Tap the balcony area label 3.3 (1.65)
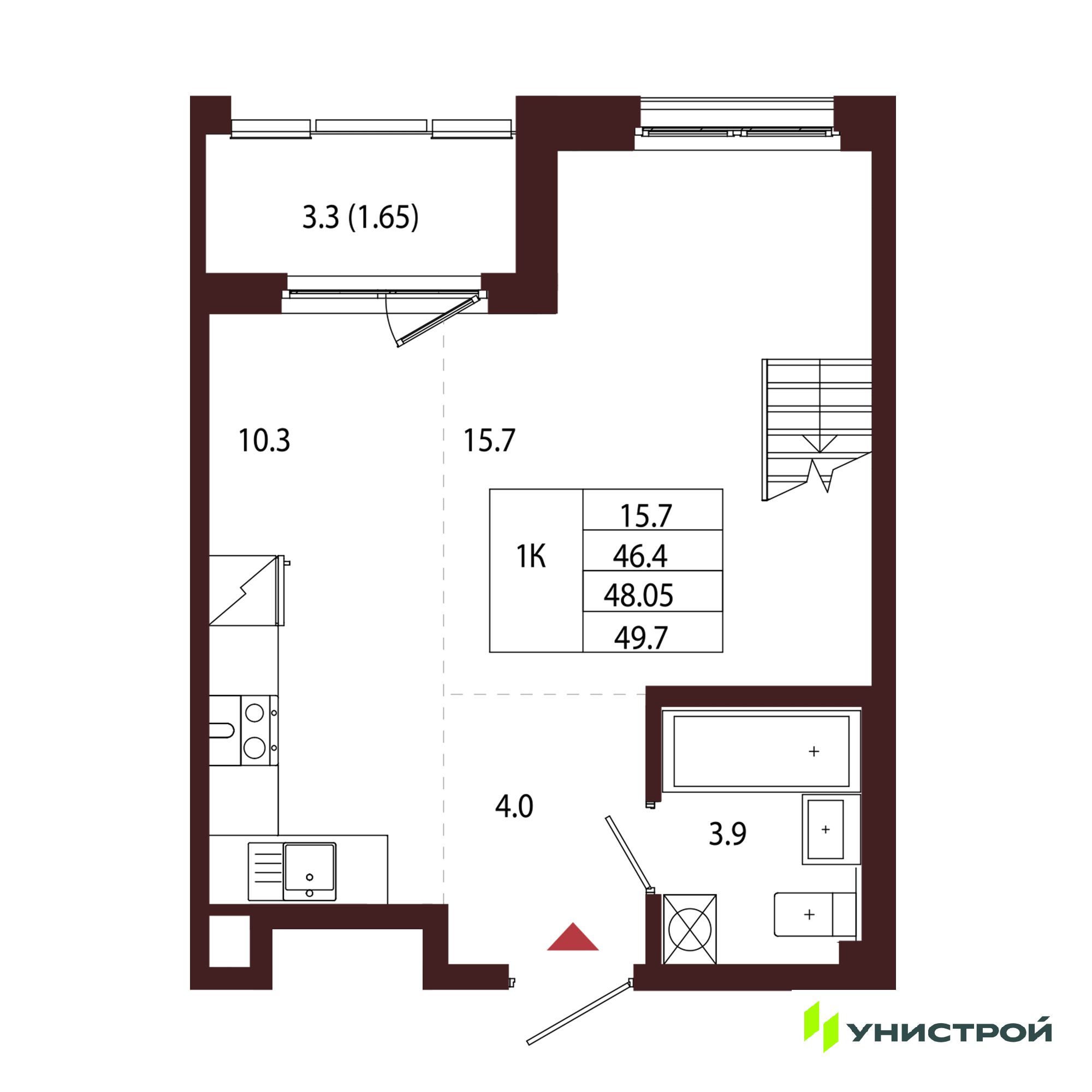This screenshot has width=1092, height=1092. coord(360,218)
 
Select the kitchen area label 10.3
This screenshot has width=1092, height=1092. coord(264,441)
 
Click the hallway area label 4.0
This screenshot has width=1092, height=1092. coord(514,806)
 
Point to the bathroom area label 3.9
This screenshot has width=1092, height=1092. coord(728,834)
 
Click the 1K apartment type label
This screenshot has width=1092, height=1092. coord(531,557)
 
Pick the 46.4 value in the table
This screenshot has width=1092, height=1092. coord(640,557)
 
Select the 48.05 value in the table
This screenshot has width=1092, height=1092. coord(639,596)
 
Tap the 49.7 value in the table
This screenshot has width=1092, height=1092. coord(642,638)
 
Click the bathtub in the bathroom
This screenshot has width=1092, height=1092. coord(761,751)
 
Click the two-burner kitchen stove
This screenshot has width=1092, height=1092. coord(259,730)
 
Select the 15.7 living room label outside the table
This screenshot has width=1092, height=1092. coord(489,441)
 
